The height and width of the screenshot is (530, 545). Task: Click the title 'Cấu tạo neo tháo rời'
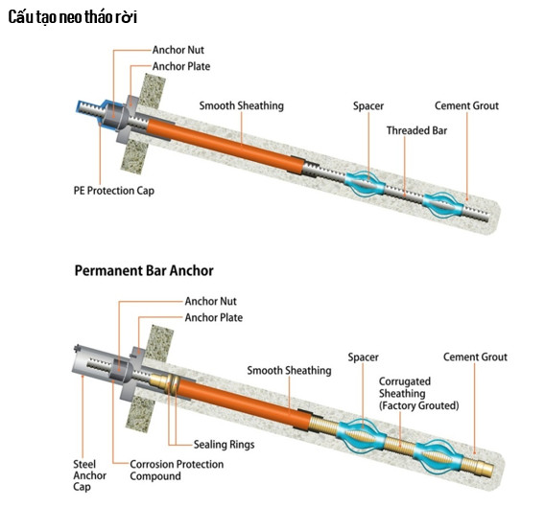pos(73,17)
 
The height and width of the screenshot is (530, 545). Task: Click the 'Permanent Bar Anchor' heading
pos(144,270)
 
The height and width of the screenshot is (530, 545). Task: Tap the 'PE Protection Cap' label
pos(113,191)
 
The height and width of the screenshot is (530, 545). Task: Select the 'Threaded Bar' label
pos(416,130)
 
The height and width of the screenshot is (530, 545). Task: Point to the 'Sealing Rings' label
pos(224,445)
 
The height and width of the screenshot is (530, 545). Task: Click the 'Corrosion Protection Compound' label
pos(177,470)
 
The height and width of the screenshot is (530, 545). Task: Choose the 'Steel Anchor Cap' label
pos(89,475)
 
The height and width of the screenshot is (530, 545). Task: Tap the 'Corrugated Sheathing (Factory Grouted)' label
pos(418,393)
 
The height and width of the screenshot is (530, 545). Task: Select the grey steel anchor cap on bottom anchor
pos(92,364)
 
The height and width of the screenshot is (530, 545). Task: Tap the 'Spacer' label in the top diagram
pos(368,105)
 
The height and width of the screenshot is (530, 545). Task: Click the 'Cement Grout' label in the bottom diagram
pos(475,357)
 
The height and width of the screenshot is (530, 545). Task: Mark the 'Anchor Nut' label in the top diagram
pos(178,50)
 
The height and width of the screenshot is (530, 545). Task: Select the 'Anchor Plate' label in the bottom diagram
pos(213,317)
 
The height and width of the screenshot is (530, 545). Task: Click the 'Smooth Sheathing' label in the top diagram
pos(241,105)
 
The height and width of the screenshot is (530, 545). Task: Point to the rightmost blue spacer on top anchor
pos(442,205)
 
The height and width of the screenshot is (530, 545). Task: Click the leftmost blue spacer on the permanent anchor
pos(361,436)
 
